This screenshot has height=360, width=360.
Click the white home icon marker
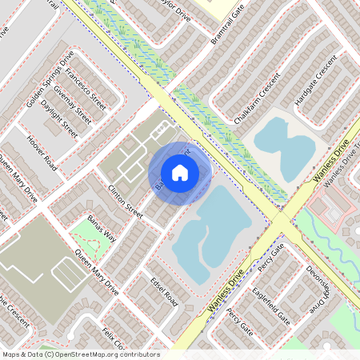[180, 173]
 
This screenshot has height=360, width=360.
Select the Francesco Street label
[86, 89]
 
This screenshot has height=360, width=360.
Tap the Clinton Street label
[125, 200]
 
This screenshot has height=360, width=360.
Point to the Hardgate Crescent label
[313, 85]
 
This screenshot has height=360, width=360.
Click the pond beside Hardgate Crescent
[284, 144]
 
